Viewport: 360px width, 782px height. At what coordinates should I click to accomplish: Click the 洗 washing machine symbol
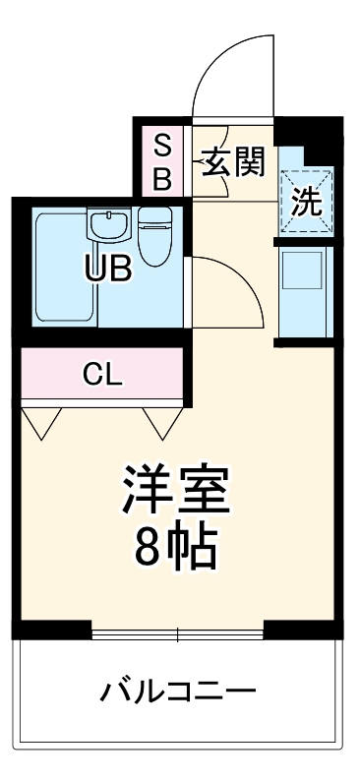pyautogui.click(x=306, y=202)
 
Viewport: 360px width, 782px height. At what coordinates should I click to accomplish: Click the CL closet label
pyautogui.click(x=101, y=374)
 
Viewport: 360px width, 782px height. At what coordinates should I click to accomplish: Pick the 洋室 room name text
pyautogui.click(x=177, y=489)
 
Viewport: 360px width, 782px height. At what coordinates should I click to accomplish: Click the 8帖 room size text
pyautogui.click(x=177, y=548)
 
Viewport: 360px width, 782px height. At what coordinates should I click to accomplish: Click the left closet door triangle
pyautogui.click(x=40, y=422)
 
